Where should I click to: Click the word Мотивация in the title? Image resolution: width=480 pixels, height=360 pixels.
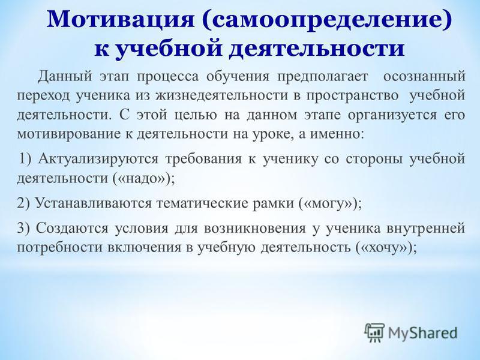(121, 21)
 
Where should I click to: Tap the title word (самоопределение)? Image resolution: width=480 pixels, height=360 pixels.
(326, 21)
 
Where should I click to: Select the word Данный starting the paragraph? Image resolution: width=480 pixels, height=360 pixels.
(65, 77)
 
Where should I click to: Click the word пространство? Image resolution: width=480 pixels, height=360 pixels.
(353, 97)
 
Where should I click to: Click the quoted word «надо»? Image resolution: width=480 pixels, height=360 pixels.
(142, 178)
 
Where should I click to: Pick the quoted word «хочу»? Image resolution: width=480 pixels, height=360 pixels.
(385, 247)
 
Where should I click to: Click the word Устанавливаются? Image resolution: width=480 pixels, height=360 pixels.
(94, 203)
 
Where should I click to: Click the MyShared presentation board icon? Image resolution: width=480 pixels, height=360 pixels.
(374, 332)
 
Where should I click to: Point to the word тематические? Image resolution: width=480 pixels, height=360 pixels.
(202, 203)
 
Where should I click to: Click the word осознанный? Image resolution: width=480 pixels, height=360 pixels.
(424, 77)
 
